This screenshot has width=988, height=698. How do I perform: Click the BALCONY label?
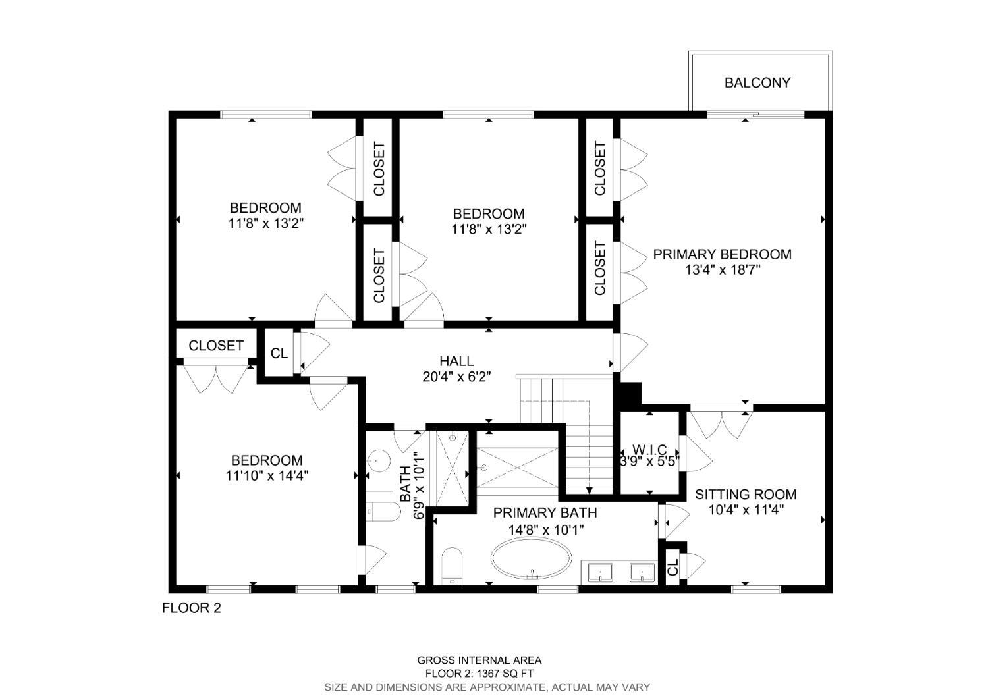[757, 83]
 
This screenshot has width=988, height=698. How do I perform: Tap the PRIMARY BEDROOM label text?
[722, 254]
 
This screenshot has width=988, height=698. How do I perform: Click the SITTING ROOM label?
[746, 495]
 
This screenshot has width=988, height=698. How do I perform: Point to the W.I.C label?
[649, 450]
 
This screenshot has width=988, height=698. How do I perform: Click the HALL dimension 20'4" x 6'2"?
[456, 377]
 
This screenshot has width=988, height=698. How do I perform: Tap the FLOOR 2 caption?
[192, 608]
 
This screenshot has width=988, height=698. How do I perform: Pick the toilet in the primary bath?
[452, 566]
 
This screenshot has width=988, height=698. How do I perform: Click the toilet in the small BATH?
[383, 512]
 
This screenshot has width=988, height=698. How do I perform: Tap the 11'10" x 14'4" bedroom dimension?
[267, 476]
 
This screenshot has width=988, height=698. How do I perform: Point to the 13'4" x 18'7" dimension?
[723, 269]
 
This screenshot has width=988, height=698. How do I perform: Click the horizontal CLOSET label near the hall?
[216, 346]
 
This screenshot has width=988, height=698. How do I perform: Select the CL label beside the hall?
[279, 353]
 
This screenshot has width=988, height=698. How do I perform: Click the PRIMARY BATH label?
[545, 513]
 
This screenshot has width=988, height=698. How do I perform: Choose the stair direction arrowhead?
[590, 491]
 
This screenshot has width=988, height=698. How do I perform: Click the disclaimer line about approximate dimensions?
[487, 687]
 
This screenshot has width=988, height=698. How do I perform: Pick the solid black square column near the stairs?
[630, 393]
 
